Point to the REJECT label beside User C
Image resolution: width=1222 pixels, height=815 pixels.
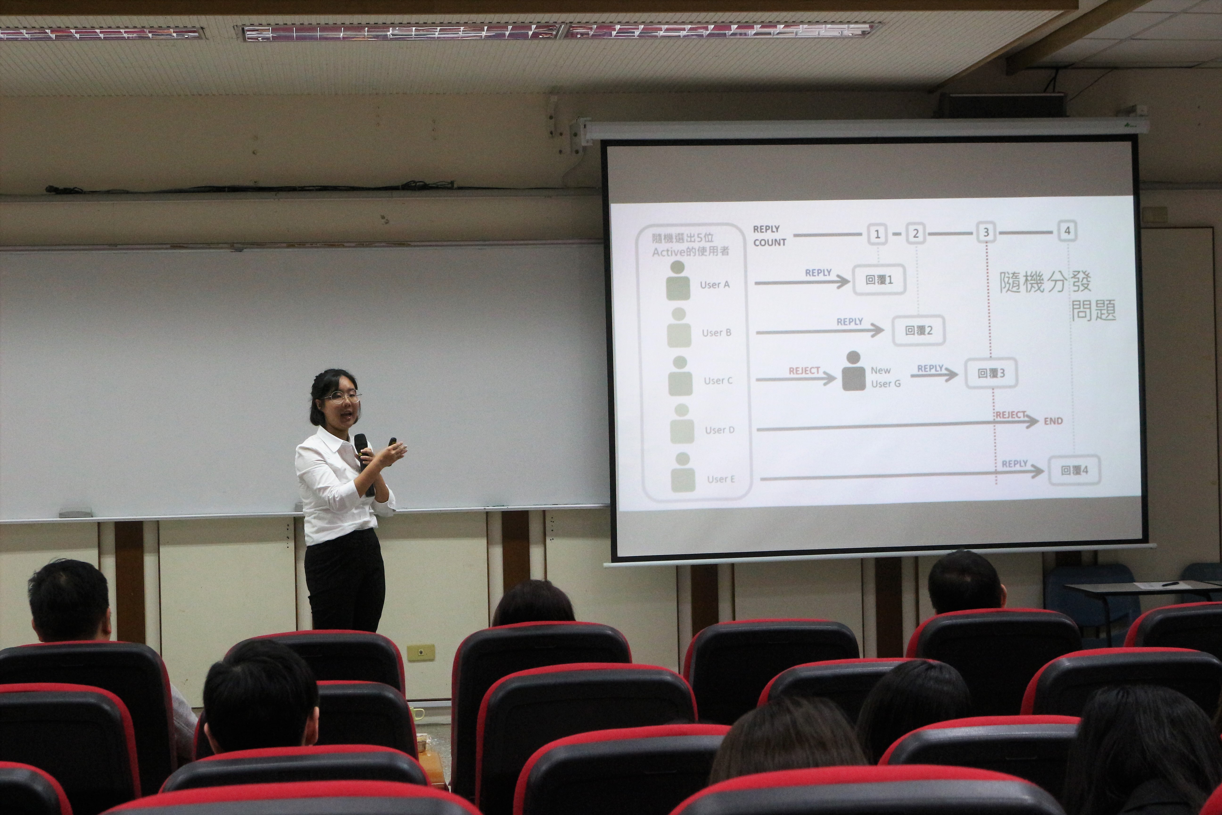[x=804, y=371]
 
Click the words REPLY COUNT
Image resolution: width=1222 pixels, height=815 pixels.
[x=769, y=235]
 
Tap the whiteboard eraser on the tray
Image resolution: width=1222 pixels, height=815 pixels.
[x=78, y=512]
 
